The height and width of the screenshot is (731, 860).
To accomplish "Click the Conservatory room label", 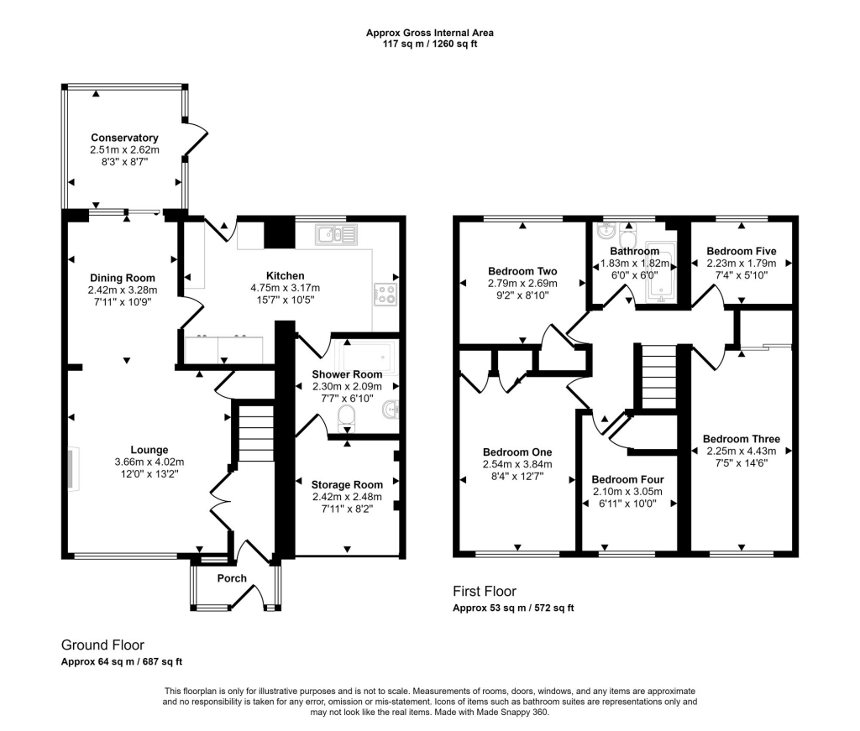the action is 124,138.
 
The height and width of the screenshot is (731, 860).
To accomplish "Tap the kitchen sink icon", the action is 336,235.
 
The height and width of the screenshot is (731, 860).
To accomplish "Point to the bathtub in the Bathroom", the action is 660,272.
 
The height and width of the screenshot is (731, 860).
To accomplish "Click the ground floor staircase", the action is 254,433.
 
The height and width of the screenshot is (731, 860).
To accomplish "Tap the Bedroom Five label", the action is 741,250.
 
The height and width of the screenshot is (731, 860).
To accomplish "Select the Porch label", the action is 232,578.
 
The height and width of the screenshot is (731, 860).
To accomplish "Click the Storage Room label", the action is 347,484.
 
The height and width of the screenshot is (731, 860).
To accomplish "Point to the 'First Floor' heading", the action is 485,591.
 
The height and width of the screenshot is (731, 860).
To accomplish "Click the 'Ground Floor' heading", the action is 102,645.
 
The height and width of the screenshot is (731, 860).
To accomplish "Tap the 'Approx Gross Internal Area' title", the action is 429,33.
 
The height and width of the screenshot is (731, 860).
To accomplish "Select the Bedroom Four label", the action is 621,480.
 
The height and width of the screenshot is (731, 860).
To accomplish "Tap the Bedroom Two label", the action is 522,271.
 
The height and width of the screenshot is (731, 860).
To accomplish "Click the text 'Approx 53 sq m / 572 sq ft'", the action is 513,608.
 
